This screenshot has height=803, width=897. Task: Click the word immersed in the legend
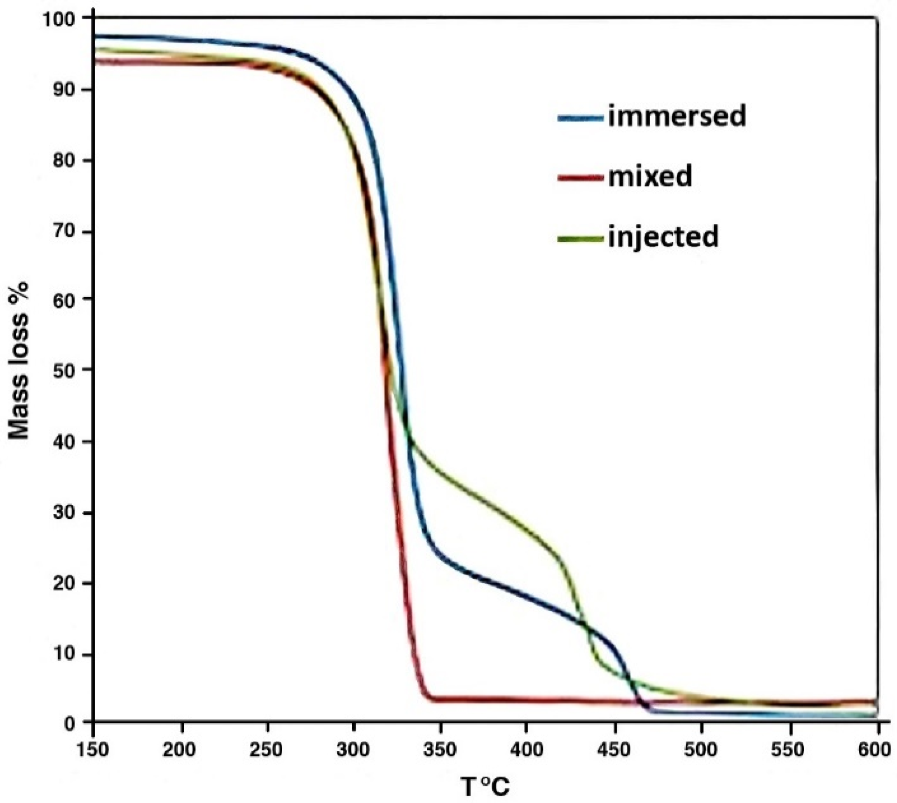click(x=677, y=117)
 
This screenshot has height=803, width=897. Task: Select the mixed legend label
click(x=650, y=177)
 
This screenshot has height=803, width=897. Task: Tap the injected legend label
click(x=663, y=237)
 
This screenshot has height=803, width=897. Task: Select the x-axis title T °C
click(x=485, y=787)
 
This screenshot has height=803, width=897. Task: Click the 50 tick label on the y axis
click(x=65, y=370)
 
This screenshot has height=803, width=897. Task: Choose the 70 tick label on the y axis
click(x=65, y=232)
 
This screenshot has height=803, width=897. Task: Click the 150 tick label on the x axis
click(x=93, y=750)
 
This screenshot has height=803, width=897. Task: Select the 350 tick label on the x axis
click(x=440, y=750)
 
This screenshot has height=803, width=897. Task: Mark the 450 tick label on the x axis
click(x=615, y=750)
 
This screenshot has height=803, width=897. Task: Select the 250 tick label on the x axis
click(x=267, y=750)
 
